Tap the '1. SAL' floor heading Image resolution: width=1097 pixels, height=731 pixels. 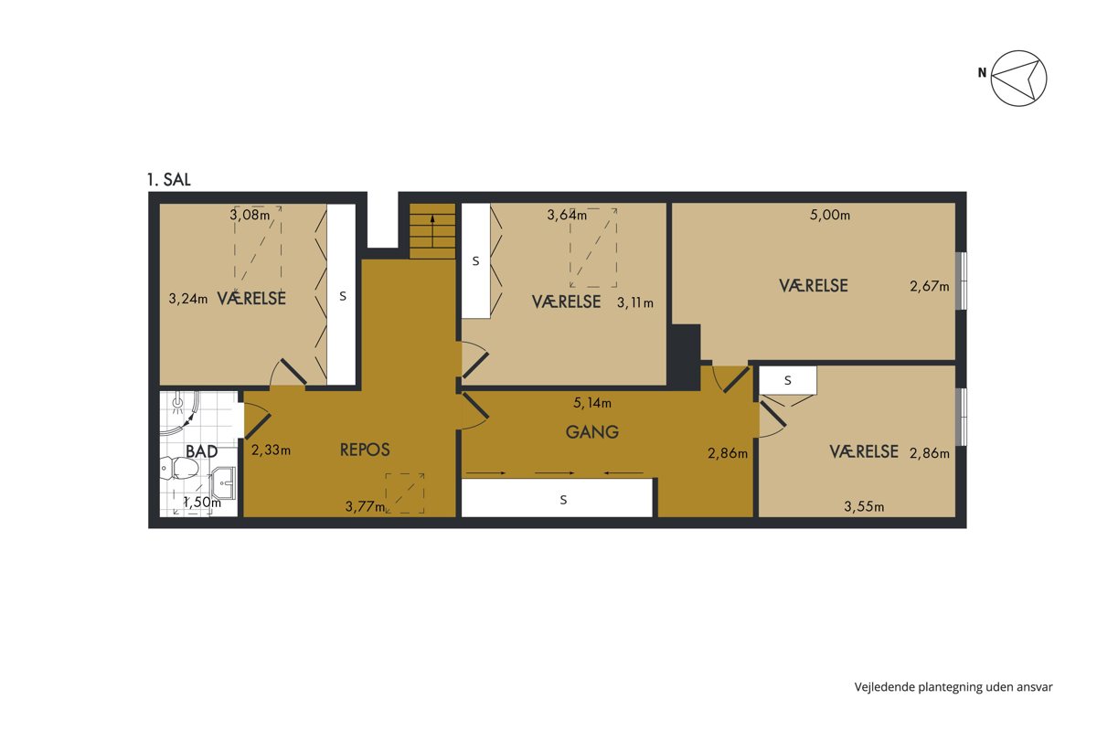[169, 180]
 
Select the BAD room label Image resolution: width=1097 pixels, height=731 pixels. [202, 451]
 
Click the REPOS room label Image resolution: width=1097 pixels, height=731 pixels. [365, 450]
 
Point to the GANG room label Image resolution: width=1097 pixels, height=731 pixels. [592, 432]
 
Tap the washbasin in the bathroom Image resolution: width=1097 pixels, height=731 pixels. [223, 482]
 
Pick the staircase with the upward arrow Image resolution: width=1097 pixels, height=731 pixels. [432, 231]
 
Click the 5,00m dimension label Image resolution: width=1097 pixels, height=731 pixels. [830, 215]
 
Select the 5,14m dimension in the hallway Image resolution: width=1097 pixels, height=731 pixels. [592, 403]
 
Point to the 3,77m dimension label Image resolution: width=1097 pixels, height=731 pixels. [365, 506]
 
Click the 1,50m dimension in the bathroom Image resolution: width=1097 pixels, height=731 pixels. [202, 502]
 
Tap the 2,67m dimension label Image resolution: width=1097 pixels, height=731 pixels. [930, 286]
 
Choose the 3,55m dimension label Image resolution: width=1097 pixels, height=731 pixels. [865, 506]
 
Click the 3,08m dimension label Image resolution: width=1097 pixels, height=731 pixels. [250, 215]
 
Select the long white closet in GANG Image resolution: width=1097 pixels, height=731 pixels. [557, 498]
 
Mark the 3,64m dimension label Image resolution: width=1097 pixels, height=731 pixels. [567, 215]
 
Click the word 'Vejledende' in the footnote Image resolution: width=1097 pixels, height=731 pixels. [885, 687]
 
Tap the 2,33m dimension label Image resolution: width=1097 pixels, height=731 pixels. [271, 450]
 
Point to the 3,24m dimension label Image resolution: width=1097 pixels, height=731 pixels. [188, 298]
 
